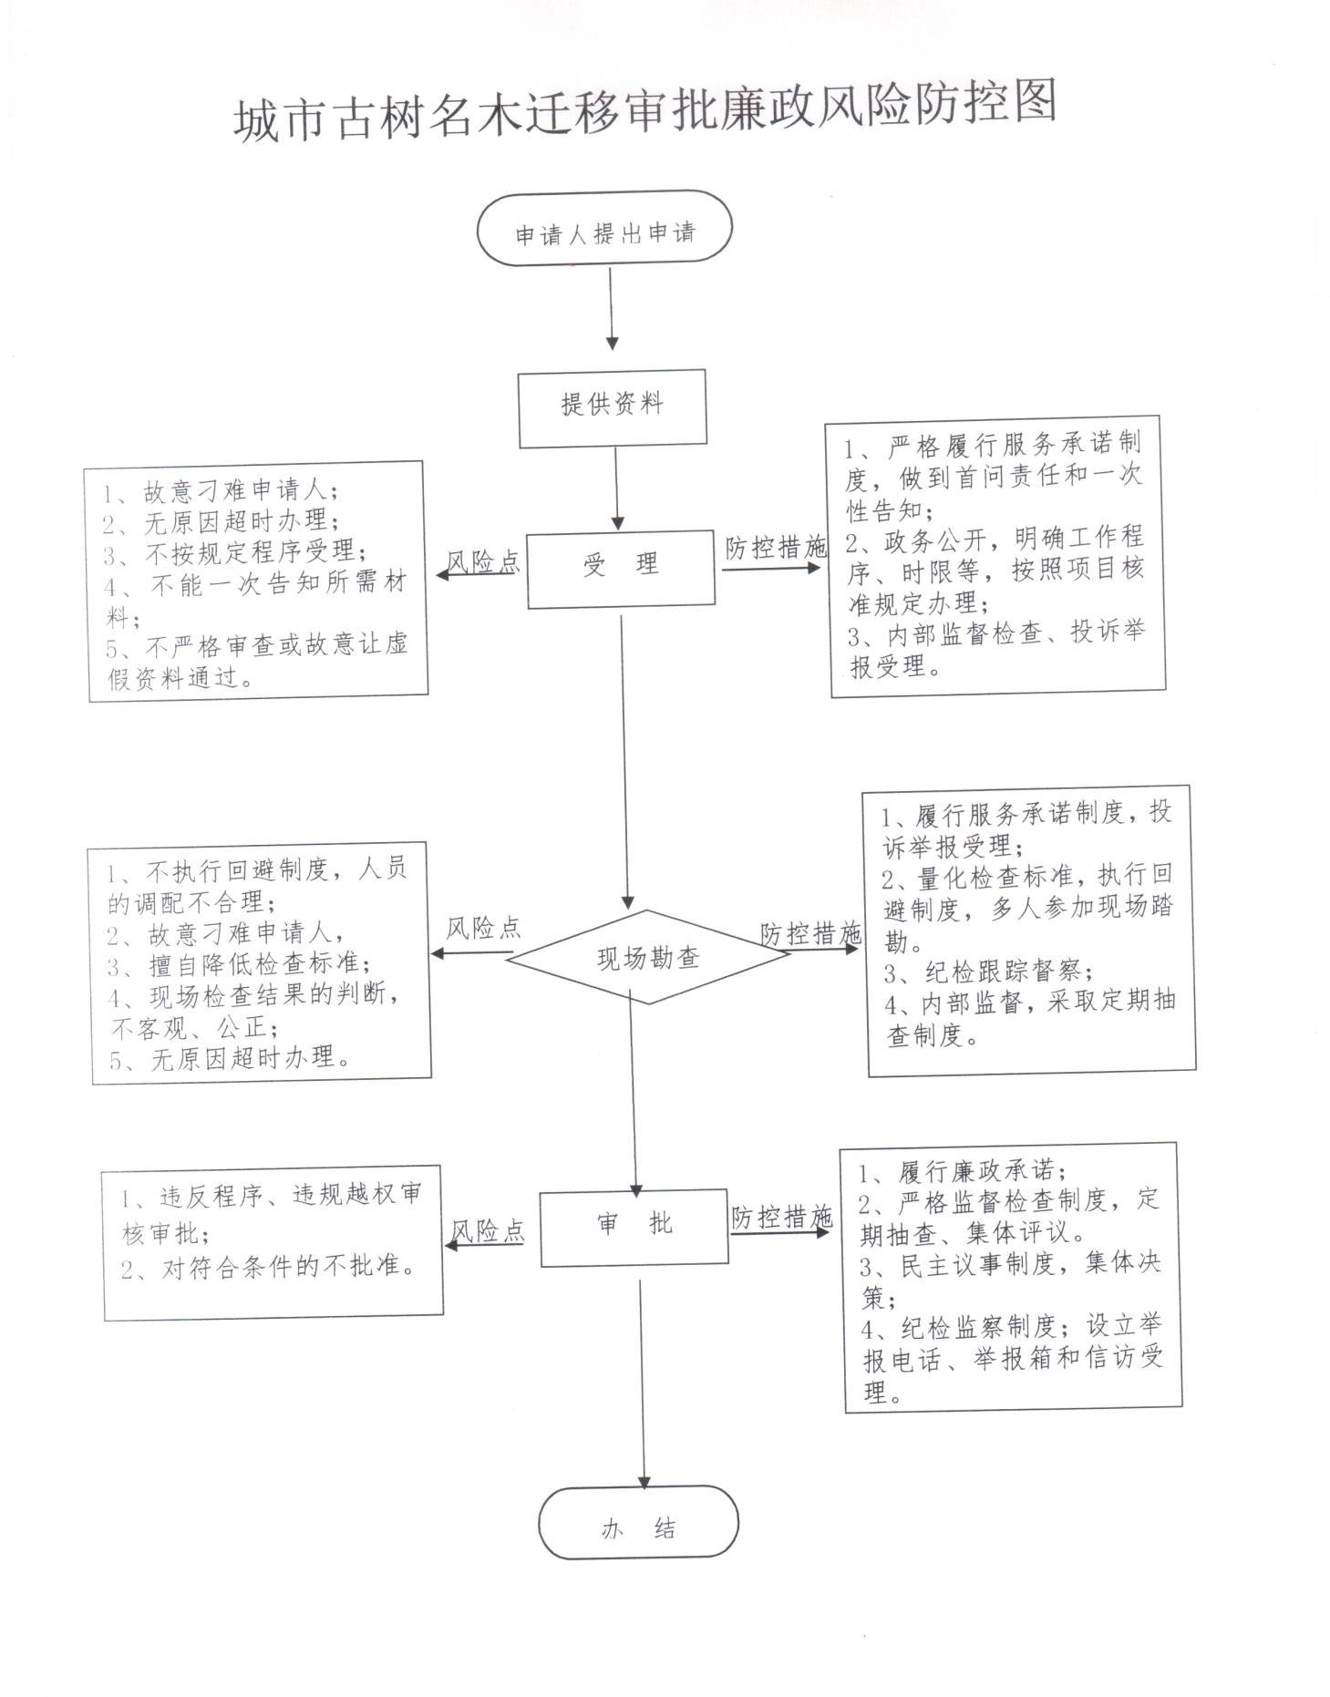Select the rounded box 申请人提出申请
(604, 229)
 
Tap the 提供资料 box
(613, 407)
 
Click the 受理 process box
(621, 569)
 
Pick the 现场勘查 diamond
(648, 956)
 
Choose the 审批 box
(634, 1227)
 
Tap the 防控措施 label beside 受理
(776, 548)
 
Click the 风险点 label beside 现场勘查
(483, 929)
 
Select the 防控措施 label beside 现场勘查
(811, 933)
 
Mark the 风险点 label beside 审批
(488, 1231)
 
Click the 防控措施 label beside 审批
(782, 1217)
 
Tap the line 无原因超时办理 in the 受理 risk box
(220, 522)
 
